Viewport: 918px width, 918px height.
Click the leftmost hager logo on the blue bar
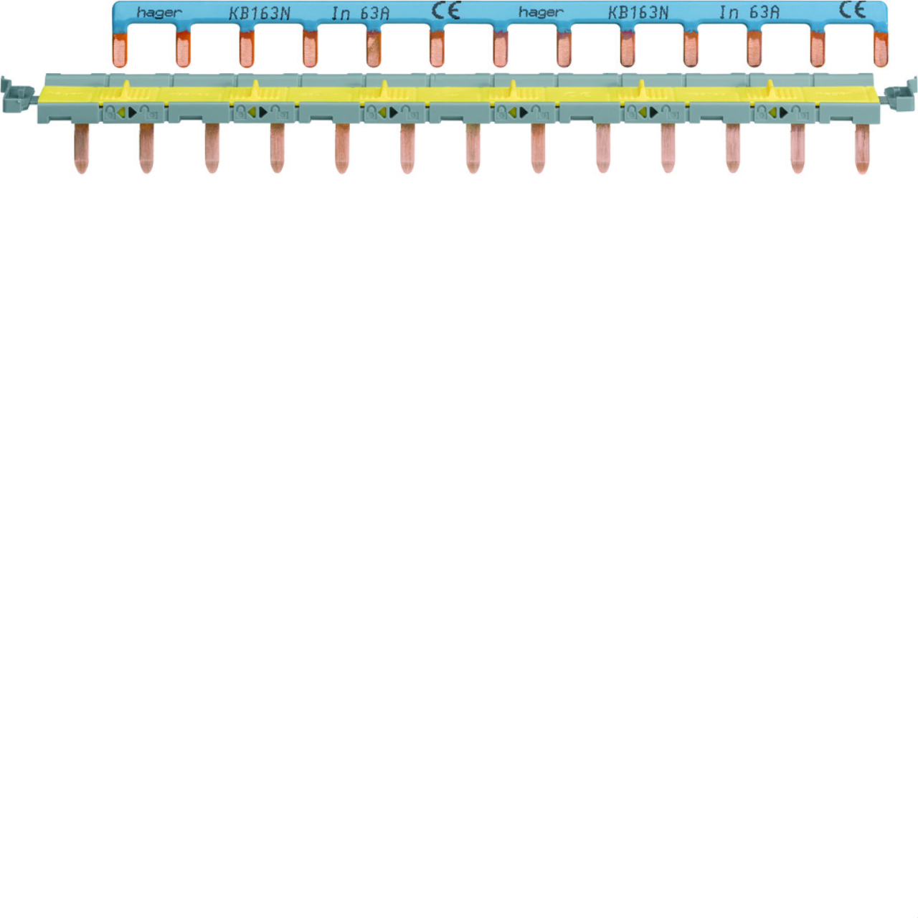(x=159, y=13)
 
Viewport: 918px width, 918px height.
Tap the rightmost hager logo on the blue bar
(x=541, y=12)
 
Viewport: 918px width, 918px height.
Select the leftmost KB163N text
(x=259, y=14)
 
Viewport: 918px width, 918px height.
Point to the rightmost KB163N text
(x=638, y=13)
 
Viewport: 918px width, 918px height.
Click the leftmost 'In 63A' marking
(x=360, y=14)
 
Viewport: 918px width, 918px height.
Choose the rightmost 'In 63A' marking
(x=749, y=12)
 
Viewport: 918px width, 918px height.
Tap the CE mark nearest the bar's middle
(x=446, y=11)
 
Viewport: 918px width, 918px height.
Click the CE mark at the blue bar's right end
(x=852, y=10)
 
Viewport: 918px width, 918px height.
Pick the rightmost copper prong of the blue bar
(x=881, y=49)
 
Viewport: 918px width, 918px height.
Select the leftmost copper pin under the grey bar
(x=82, y=148)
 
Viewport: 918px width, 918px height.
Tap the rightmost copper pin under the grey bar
(x=862, y=148)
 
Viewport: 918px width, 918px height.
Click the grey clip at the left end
(x=17, y=95)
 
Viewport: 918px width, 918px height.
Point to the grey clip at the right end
(x=900, y=94)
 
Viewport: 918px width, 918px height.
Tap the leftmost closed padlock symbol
(x=110, y=113)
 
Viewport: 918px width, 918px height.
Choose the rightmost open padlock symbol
(x=798, y=113)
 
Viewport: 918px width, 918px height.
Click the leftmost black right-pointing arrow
(x=133, y=113)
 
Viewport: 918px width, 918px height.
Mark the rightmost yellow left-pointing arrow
(x=772, y=113)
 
